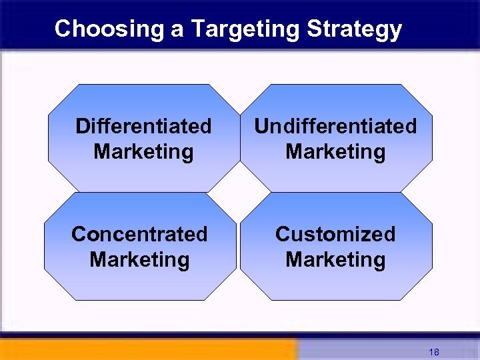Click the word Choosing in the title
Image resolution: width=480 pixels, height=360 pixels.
coord(109,29)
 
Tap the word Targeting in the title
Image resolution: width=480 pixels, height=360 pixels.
coord(245,29)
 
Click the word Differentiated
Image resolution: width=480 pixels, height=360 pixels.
coord(143,126)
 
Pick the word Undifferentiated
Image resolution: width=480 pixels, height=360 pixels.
coord(335,126)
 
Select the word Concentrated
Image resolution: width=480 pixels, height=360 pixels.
coord(139,234)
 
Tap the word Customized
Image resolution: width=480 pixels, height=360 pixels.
coord(335,234)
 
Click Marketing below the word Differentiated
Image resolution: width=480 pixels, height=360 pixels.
coord(143,152)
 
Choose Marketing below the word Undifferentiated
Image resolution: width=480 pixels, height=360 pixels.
coord(335,152)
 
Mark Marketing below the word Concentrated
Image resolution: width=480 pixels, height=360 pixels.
coord(139,259)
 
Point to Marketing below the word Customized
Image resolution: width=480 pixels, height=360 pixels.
coord(335,259)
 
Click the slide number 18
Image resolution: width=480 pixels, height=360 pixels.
coord(434,352)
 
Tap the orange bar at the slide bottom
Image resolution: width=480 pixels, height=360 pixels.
coord(147,350)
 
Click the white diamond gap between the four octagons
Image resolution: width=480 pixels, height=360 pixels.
coord(239,192)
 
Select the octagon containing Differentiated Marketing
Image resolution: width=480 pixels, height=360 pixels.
coord(143,100)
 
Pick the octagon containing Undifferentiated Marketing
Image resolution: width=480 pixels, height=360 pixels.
coord(335,100)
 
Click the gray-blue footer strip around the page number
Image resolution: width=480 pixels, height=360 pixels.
coord(373,351)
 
